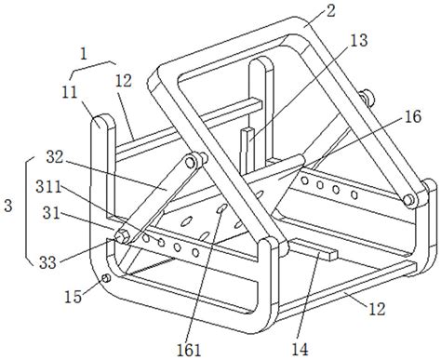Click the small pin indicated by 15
coord(105,278)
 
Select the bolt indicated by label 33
coord(121,236)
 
